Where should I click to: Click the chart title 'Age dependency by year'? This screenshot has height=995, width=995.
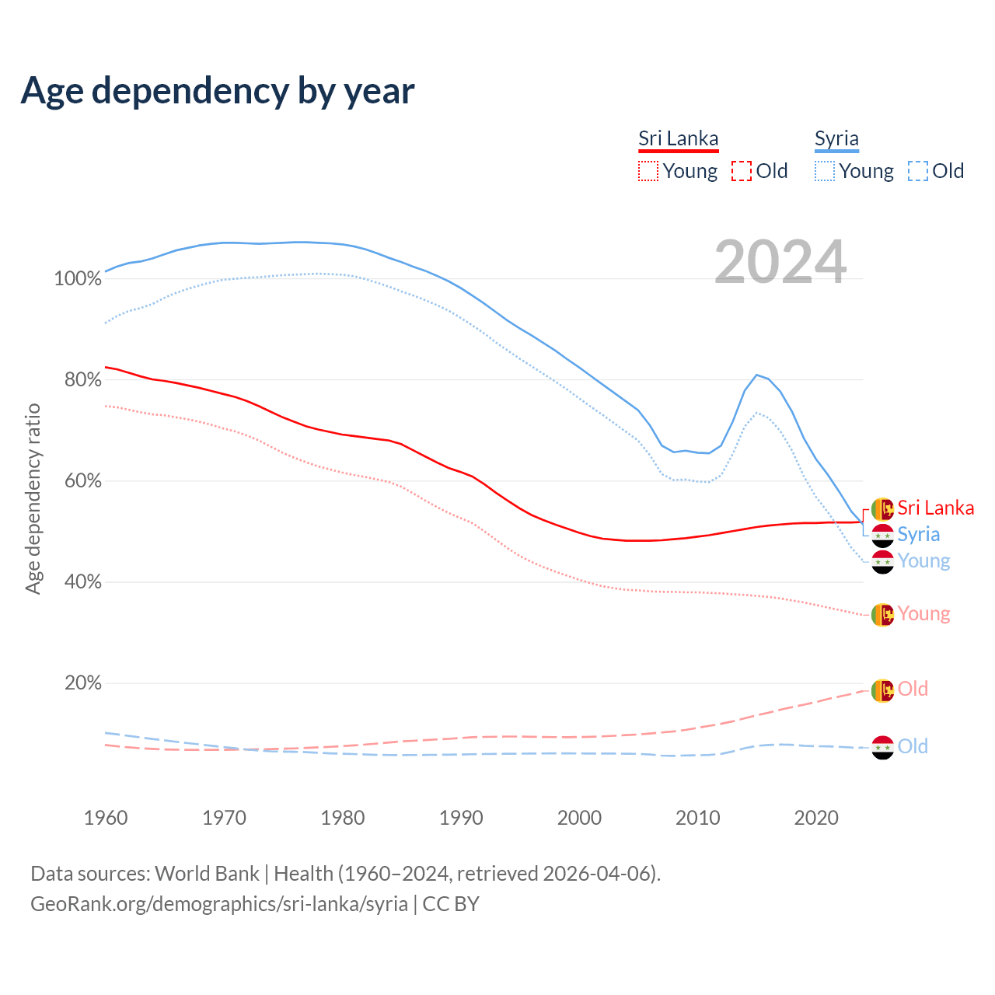click(x=218, y=91)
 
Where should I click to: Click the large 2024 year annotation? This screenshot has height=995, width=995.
click(x=780, y=263)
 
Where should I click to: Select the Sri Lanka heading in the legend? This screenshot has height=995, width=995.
click(x=678, y=138)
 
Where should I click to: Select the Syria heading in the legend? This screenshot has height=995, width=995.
click(x=836, y=138)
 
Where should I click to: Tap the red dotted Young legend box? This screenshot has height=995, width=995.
click(x=648, y=171)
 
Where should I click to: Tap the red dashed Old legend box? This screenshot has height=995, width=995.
click(x=742, y=171)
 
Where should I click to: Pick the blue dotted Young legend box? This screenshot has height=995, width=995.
click(x=825, y=171)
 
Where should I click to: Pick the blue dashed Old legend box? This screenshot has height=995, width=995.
click(x=918, y=171)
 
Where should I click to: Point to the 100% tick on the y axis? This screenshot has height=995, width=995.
click(x=78, y=279)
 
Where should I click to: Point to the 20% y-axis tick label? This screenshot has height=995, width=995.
click(x=83, y=683)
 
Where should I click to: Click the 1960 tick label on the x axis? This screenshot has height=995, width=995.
click(x=106, y=818)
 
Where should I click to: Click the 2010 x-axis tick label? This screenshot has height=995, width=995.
click(x=697, y=818)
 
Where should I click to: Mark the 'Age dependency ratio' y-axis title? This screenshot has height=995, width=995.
click(x=33, y=498)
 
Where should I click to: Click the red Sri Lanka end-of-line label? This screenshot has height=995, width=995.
click(x=935, y=508)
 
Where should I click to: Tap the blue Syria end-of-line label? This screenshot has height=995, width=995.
click(x=918, y=535)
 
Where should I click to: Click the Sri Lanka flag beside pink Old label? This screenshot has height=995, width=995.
click(x=882, y=690)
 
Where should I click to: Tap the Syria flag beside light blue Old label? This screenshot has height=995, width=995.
click(x=882, y=748)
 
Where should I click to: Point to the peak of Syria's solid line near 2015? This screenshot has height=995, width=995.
click(x=756, y=375)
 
